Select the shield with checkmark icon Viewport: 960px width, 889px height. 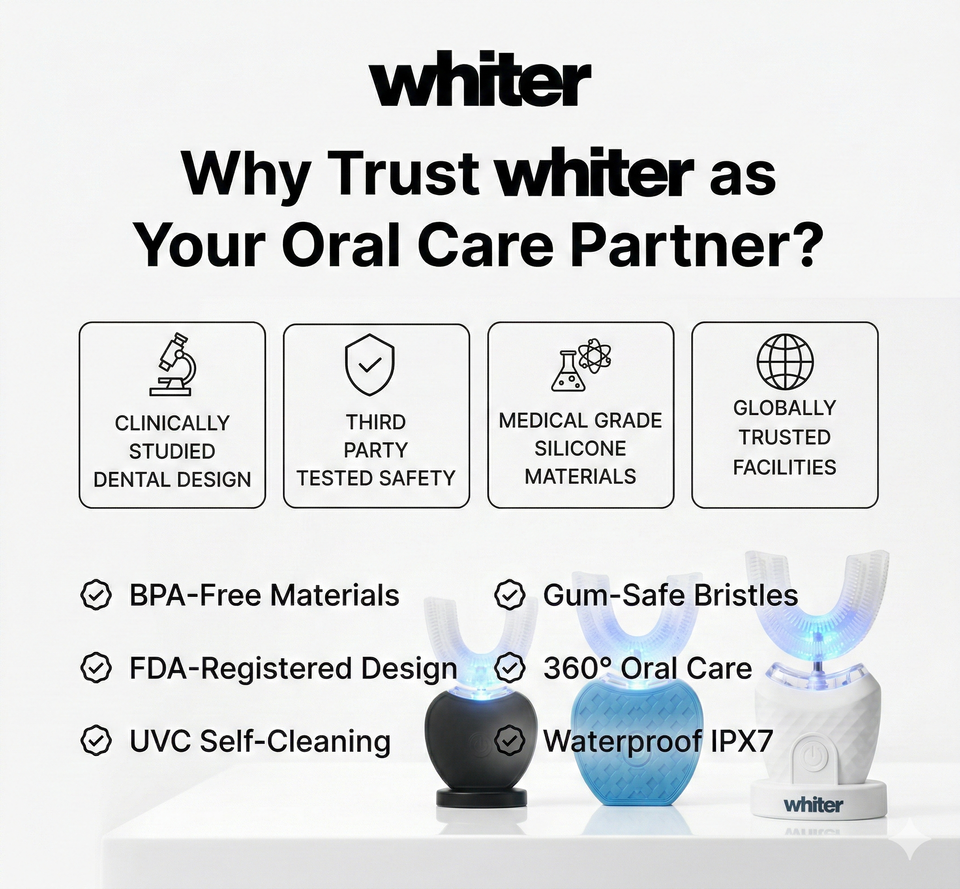(x=369, y=365)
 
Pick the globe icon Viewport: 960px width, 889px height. (x=785, y=362)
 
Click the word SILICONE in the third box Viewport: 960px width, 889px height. (x=580, y=449)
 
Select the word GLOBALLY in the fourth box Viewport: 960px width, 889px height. (x=784, y=408)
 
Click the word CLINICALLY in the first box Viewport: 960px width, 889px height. (x=172, y=423)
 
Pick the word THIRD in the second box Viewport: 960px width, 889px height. (x=376, y=423)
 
